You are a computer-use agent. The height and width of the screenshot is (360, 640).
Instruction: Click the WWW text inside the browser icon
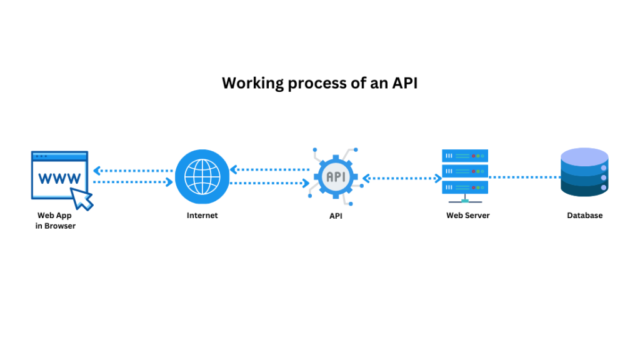[59, 178]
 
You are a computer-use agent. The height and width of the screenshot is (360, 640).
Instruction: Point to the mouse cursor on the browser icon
[82, 198]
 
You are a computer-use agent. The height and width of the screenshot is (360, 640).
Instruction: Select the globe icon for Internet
[198, 176]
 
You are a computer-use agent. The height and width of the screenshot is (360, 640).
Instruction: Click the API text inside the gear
[335, 177]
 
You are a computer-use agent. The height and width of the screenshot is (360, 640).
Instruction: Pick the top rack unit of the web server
[464, 156]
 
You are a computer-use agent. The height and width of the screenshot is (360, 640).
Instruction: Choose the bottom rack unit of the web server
[464, 186]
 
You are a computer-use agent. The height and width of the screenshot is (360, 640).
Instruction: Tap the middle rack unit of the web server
[464, 171]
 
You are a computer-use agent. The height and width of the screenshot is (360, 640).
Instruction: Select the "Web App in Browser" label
[55, 221]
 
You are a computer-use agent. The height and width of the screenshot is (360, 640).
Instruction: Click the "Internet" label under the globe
[202, 216]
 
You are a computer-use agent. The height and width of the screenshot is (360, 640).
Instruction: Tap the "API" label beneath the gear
[336, 216]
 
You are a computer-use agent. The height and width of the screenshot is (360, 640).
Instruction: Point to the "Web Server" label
[467, 216]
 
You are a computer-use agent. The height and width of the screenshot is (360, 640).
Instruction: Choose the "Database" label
[584, 216]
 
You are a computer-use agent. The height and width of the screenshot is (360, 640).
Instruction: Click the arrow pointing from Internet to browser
[132, 170]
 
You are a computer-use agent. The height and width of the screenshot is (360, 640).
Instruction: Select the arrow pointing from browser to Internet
[132, 182]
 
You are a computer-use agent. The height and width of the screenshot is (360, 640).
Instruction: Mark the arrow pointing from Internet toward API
[269, 183]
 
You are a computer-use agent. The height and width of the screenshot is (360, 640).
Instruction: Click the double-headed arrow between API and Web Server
[402, 178]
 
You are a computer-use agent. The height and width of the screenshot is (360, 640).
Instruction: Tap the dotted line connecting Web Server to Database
[524, 177]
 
